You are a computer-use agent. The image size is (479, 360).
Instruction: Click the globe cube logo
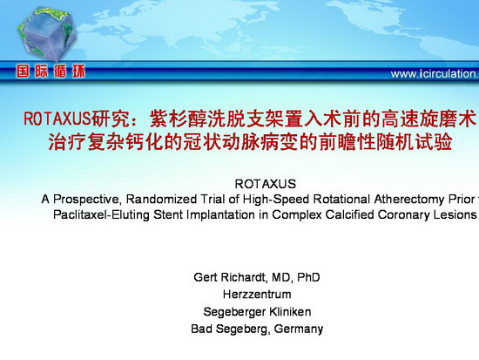46,34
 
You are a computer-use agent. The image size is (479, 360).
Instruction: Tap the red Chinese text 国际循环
51,71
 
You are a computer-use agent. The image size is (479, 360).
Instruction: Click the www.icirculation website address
435,74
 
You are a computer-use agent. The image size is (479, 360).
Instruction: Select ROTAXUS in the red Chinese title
57,119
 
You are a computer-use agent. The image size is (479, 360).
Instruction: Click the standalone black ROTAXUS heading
265,184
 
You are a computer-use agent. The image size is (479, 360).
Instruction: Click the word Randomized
161,199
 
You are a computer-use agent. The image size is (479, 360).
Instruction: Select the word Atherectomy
409,200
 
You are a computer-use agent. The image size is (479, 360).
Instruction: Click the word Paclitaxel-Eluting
101,214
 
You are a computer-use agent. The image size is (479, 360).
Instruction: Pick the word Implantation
220,214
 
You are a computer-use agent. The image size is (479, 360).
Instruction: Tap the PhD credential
308,277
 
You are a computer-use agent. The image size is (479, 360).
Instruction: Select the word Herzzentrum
257,295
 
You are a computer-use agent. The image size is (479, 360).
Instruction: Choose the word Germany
299,329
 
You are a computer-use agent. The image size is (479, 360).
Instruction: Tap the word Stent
168,214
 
